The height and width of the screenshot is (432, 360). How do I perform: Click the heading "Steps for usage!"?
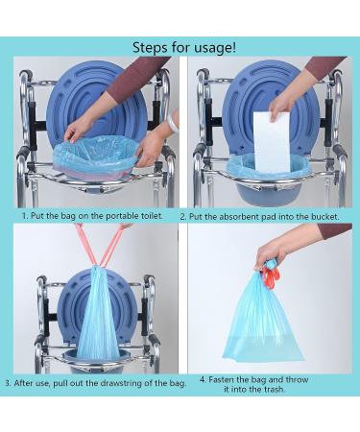click(180, 46)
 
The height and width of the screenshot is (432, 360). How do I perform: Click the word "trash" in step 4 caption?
click(288, 390)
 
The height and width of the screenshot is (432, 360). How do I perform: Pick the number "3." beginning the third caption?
click(9, 382)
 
